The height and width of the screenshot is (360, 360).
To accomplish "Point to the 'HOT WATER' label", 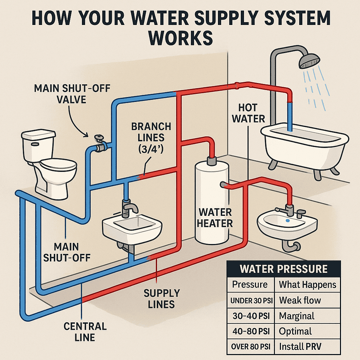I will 248,113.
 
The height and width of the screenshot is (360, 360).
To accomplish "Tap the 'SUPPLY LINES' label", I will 162,298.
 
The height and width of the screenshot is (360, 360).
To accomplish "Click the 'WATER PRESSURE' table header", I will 283,269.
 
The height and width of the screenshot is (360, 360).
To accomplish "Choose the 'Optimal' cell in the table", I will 295,331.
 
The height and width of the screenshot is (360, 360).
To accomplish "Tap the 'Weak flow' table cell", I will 300,301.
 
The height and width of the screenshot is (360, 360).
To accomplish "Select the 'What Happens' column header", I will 307,284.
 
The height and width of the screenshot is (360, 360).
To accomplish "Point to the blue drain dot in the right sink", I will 288,221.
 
